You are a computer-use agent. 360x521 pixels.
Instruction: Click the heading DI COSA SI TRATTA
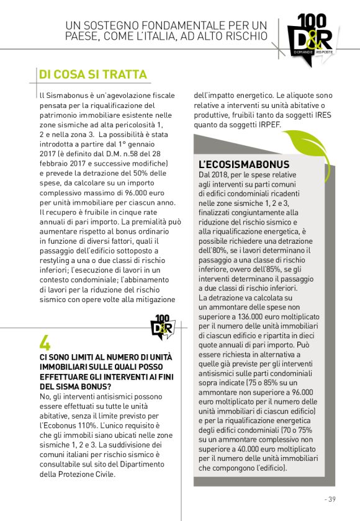pos(92,74)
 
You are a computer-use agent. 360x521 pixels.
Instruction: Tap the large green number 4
pos(45,343)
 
